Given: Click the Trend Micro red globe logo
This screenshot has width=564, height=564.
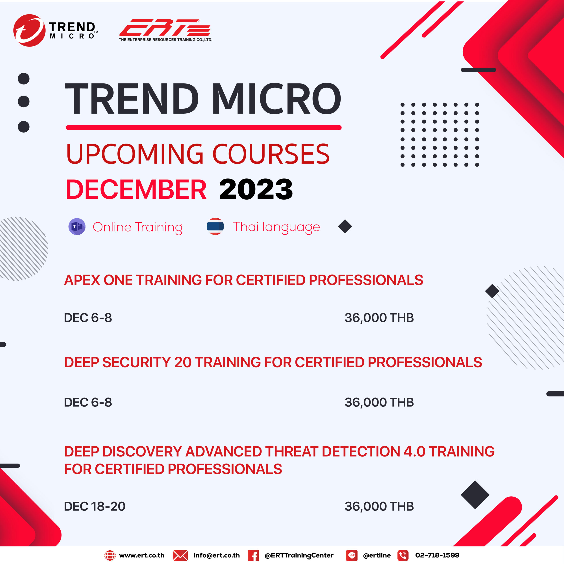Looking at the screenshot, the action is pyautogui.click(x=29, y=30).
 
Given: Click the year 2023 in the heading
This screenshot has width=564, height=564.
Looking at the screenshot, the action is pyautogui.click(x=256, y=189).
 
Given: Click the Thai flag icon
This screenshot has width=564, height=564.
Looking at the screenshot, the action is pyautogui.click(x=215, y=226).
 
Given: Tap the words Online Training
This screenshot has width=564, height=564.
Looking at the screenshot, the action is pyautogui.click(x=137, y=227).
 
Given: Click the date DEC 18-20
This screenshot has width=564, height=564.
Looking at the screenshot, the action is pyautogui.click(x=95, y=506).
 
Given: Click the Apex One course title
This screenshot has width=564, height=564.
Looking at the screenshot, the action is pyautogui.click(x=243, y=280).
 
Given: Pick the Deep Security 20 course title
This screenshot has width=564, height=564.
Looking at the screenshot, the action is pyautogui.click(x=273, y=362).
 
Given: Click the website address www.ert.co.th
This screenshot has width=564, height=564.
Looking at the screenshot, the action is pyautogui.click(x=142, y=555).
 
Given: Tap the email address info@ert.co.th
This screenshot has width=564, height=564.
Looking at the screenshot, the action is pyautogui.click(x=217, y=555).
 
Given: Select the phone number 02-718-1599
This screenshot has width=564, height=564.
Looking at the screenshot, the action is pyautogui.click(x=437, y=555).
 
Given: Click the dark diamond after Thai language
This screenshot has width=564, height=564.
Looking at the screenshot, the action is pyautogui.click(x=345, y=226).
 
